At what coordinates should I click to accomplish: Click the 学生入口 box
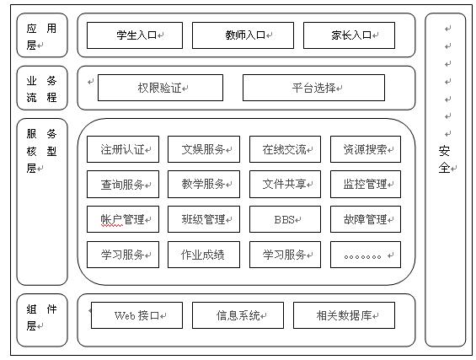135,35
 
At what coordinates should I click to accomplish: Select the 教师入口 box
243,35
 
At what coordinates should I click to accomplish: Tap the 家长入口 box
349,35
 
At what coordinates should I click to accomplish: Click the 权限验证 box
160,88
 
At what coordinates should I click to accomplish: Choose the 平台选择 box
313,88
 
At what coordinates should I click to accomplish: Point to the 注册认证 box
123,149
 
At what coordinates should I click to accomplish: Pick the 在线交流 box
285,149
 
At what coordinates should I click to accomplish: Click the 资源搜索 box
366,149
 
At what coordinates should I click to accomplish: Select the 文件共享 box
285,184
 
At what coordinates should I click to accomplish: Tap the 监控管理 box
366,184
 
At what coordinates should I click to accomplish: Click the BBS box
285,219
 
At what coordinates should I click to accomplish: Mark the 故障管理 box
366,219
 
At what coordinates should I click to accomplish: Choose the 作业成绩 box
204,255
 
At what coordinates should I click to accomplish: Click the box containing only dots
366,255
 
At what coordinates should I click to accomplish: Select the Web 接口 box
136,315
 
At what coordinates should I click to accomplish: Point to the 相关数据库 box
344,315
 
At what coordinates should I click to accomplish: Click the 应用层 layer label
42,35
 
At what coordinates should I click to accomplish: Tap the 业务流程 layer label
42,88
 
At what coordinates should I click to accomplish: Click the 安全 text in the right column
445,159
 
